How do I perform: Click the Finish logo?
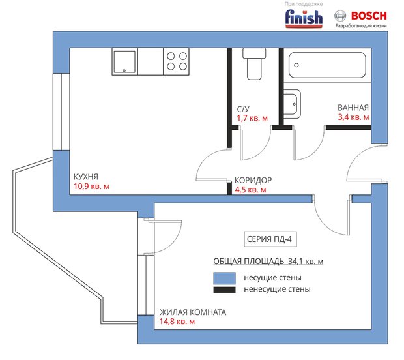click(304, 18)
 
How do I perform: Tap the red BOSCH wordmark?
click(369, 16)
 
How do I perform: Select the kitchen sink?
click(124, 62)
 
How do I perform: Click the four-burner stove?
click(177, 62)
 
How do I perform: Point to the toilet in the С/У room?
click(254, 64)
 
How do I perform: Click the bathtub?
click(327, 65)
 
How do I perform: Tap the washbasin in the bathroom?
click(292, 104)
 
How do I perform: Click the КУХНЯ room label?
click(86, 177)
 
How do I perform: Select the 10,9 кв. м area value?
click(91, 186)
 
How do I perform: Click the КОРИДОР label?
click(253, 180)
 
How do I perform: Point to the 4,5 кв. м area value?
click(250, 190)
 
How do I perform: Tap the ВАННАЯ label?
click(353, 108)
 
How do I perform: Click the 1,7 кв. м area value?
click(252, 118)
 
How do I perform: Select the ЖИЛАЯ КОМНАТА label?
click(193, 312)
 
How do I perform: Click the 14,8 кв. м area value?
click(177, 322)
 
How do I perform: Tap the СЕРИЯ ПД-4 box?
click(270, 239)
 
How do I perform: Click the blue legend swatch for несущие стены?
click(224, 278)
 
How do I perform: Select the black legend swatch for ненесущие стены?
click(224, 290)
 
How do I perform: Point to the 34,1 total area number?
click(296, 262)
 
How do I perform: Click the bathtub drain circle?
click(296, 65)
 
